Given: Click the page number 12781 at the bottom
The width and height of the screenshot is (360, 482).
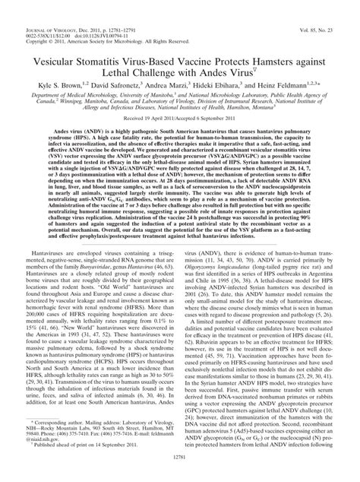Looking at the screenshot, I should (180, 473).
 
